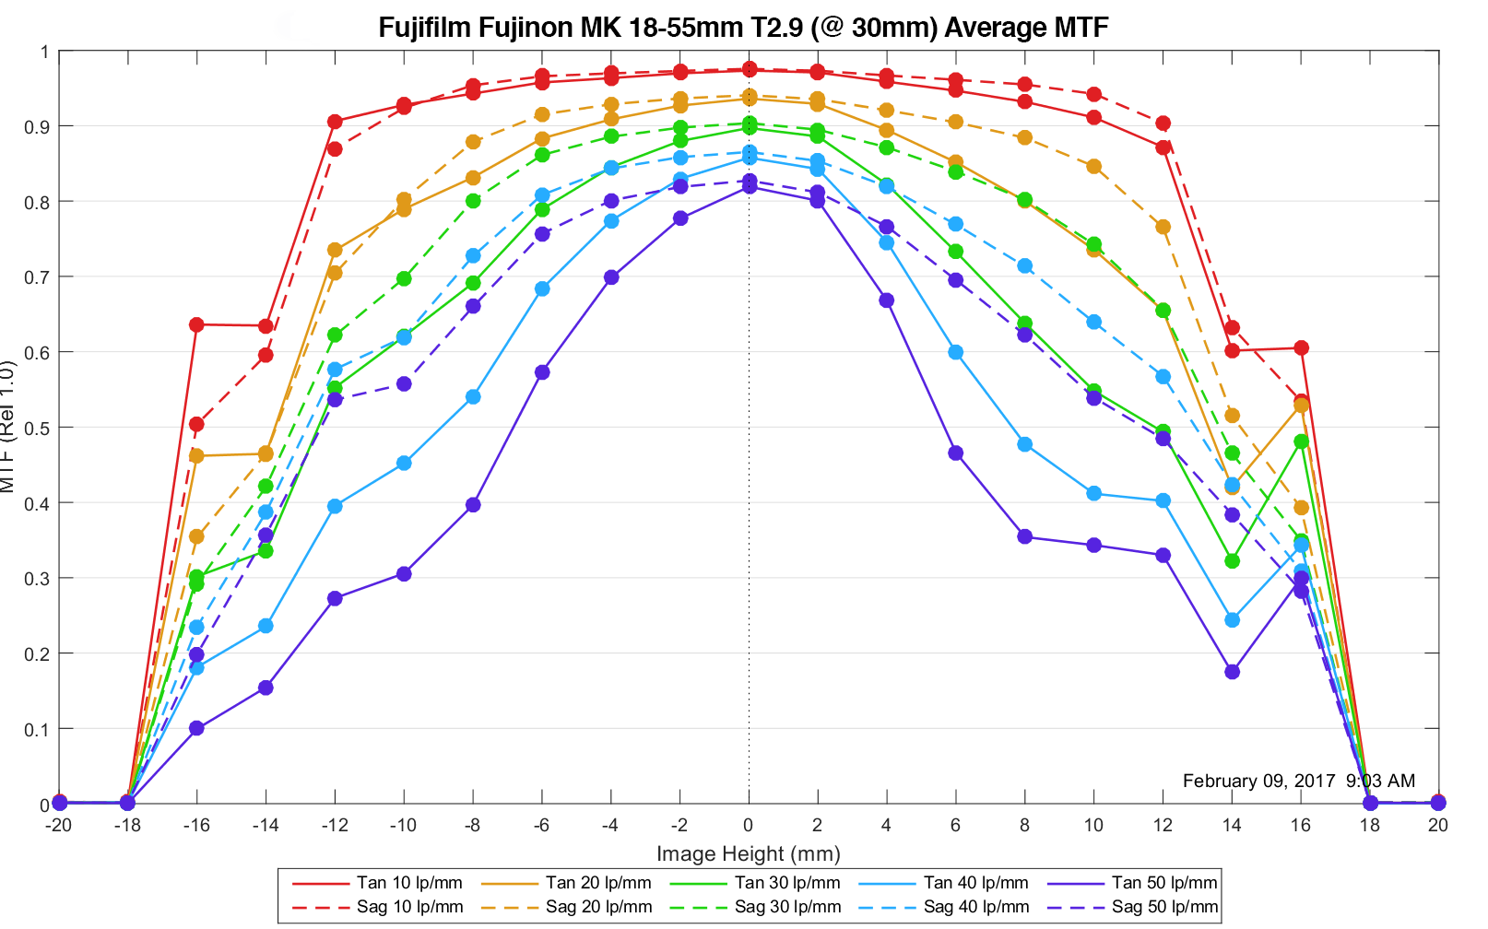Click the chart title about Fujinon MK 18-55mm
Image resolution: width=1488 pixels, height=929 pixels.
tap(743, 27)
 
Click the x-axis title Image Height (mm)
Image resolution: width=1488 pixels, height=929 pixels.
tap(748, 853)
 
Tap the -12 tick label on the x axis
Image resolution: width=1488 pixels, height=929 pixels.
tap(335, 825)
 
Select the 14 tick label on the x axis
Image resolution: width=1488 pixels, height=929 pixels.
tap(1232, 825)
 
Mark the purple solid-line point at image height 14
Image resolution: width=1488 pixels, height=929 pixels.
tap(1232, 672)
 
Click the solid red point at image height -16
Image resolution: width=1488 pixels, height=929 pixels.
tap(196, 324)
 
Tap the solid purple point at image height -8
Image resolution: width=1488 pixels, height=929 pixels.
tap(473, 505)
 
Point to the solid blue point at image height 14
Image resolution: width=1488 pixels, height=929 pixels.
tap(1232, 620)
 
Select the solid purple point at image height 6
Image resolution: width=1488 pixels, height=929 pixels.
tap(955, 453)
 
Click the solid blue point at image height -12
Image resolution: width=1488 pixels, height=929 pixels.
tap(335, 506)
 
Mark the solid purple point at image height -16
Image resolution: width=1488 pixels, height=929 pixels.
tap(196, 728)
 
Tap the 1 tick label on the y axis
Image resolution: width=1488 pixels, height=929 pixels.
tap(44, 52)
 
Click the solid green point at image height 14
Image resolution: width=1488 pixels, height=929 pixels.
tap(1232, 561)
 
